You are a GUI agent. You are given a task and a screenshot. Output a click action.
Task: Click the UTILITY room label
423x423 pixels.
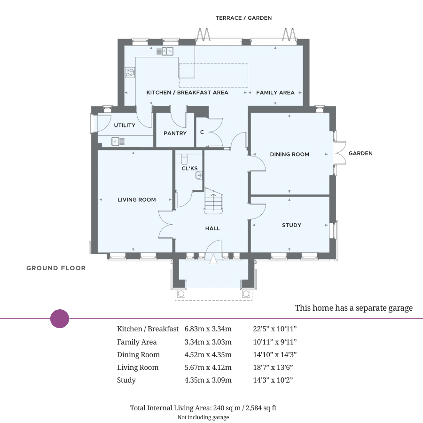(x=125, y=125)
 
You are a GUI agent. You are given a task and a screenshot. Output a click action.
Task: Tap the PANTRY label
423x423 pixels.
(x=175, y=133)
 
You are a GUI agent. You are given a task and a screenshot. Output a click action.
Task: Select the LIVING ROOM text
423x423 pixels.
(x=137, y=200)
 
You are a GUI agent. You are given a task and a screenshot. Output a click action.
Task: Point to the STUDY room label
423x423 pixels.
(x=291, y=225)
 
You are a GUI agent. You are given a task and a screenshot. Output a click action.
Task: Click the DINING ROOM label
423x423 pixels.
(x=290, y=154)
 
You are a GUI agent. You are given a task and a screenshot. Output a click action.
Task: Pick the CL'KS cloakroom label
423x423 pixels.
(x=189, y=168)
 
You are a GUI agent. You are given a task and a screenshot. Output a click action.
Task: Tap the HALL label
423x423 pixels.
(x=212, y=228)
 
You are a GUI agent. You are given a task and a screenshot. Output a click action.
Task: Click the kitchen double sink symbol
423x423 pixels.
(x=168, y=51)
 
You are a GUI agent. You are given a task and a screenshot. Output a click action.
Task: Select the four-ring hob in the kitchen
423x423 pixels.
(x=130, y=72)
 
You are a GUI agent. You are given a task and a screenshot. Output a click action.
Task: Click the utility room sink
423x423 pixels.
(x=118, y=141)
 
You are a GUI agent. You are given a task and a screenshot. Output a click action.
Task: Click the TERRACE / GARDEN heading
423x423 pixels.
(x=243, y=18)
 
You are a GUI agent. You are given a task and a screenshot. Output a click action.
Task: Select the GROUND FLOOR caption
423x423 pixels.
(x=56, y=268)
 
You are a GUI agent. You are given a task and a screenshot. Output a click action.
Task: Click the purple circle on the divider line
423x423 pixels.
(x=60, y=319)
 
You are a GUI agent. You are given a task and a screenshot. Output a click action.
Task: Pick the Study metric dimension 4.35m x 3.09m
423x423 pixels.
(x=208, y=380)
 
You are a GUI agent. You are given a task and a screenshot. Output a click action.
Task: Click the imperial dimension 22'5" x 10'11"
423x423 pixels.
(x=275, y=329)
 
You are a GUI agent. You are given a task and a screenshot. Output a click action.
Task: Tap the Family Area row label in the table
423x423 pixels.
(x=137, y=342)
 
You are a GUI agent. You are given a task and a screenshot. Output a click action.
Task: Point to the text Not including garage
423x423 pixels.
(x=203, y=417)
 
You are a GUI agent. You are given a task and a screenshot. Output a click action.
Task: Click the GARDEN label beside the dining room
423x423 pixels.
(x=360, y=153)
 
